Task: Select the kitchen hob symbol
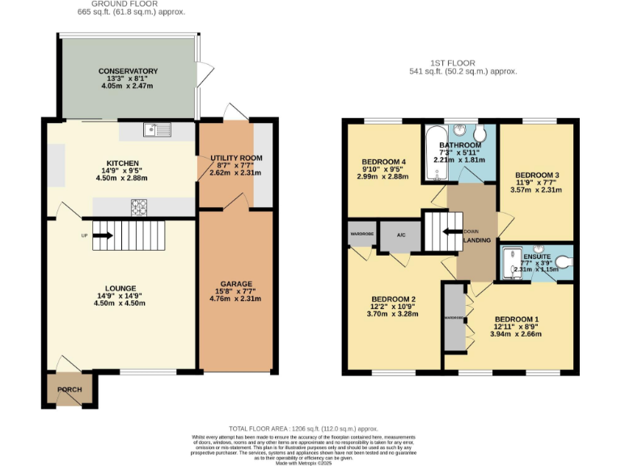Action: click(137, 208)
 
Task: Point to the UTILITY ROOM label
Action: click(236, 158)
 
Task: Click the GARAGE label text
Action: click(236, 284)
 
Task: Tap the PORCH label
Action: click(70, 389)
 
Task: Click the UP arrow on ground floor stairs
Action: click(103, 236)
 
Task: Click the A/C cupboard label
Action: click(401, 235)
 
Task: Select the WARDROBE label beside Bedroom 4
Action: click(361, 235)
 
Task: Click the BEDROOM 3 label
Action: click(537, 176)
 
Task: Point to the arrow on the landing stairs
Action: click(449, 232)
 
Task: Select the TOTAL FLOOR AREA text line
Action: click(303, 428)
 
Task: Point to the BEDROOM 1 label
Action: click(516, 319)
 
